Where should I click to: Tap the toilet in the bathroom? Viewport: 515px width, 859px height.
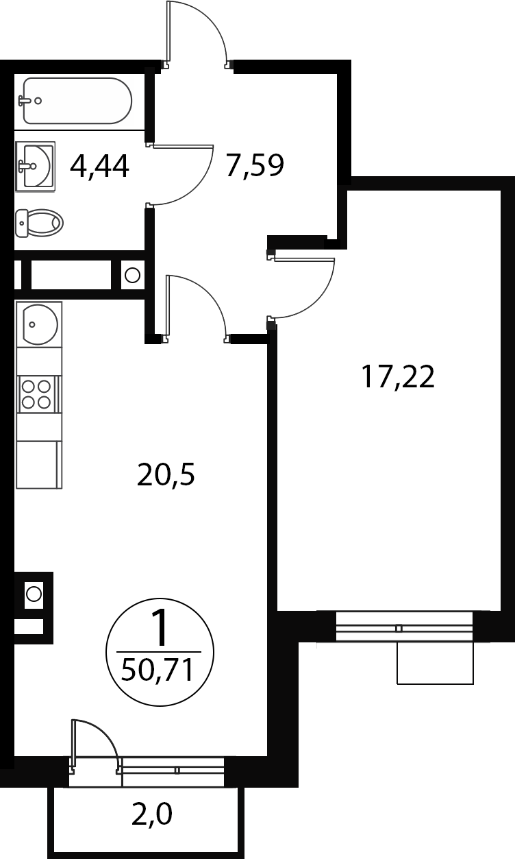pos(40,223)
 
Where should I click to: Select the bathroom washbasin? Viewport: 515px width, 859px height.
pos(35,167)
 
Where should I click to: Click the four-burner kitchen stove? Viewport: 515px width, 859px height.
pos(39,394)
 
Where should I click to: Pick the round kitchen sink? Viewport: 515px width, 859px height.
pos(40,324)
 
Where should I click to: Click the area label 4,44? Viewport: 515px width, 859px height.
pos(99,167)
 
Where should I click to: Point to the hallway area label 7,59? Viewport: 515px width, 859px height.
pos(255,165)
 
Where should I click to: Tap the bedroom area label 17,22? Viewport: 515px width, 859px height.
pos(398,377)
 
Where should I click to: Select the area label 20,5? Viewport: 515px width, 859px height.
pos(166,475)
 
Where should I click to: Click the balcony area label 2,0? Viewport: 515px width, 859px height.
pos(152,815)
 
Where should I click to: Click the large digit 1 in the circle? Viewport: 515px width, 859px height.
pos(160,627)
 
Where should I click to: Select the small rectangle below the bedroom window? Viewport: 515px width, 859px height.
pos(435,663)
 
